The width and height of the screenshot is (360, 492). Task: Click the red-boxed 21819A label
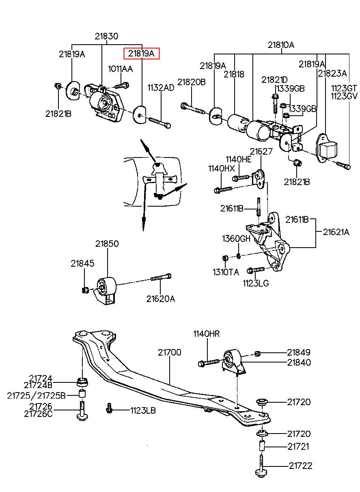click(x=141, y=53)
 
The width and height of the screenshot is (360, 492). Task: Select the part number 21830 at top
click(x=106, y=36)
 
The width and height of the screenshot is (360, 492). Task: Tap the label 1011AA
click(x=121, y=69)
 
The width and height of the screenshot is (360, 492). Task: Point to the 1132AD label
click(x=161, y=88)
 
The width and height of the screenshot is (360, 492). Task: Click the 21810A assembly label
click(x=281, y=45)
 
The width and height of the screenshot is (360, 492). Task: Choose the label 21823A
click(x=332, y=73)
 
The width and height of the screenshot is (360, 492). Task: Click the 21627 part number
click(x=261, y=151)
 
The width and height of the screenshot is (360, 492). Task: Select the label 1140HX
click(x=222, y=168)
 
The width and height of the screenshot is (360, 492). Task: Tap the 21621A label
click(x=336, y=232)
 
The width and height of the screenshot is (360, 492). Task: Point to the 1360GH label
click(x=236, y=239)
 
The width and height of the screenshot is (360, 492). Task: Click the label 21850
click(x=107, y=244)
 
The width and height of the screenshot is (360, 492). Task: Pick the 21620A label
click(x=161, y=299)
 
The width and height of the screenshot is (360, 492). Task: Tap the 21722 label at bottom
click(x=300, y=466)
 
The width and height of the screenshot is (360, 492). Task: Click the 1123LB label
click(x=143, y=410)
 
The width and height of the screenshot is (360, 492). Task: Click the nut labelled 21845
click(x=85, y=290)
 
